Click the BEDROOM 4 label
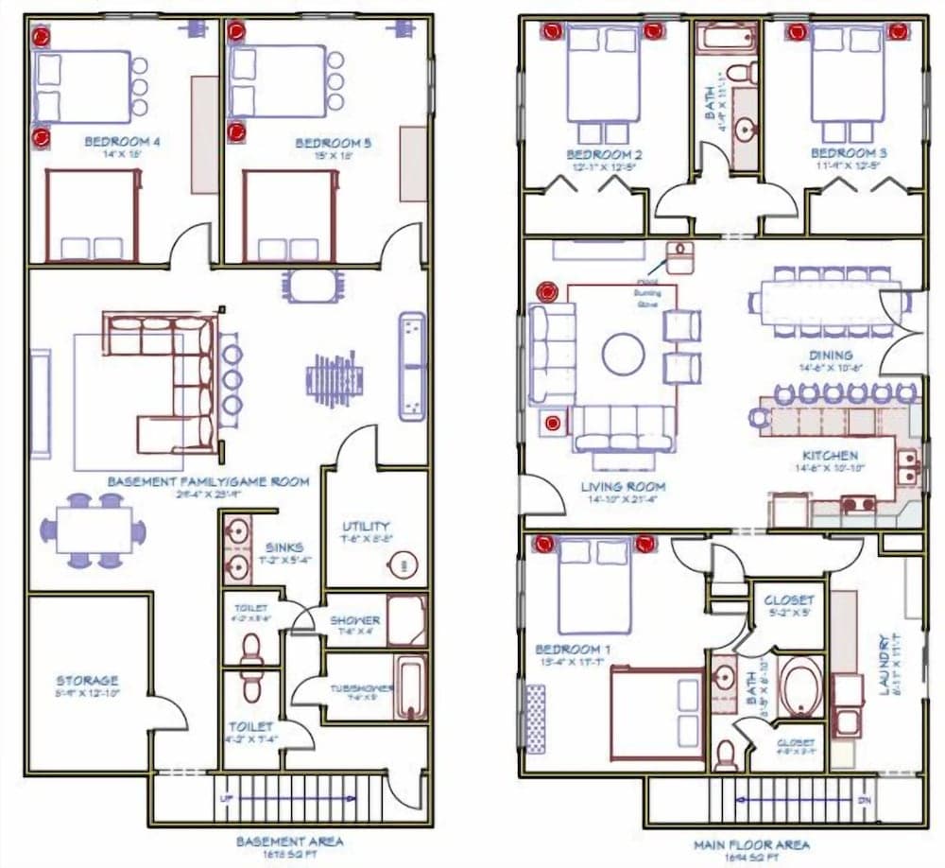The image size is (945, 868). tap(122, 142)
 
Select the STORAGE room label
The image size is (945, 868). tap(87, 680)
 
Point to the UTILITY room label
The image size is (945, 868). tap(367, 526)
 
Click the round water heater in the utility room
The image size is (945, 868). tap(404, 566)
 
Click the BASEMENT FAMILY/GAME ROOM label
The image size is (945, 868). tap(207, 481)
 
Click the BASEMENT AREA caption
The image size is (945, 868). tap(289, 841)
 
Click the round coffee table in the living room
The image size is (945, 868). tap(625, 354)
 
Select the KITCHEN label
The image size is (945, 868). tap(830, 455)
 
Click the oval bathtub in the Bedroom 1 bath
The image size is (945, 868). tap(802, 686)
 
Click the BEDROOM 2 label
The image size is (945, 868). tap(605, 154)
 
